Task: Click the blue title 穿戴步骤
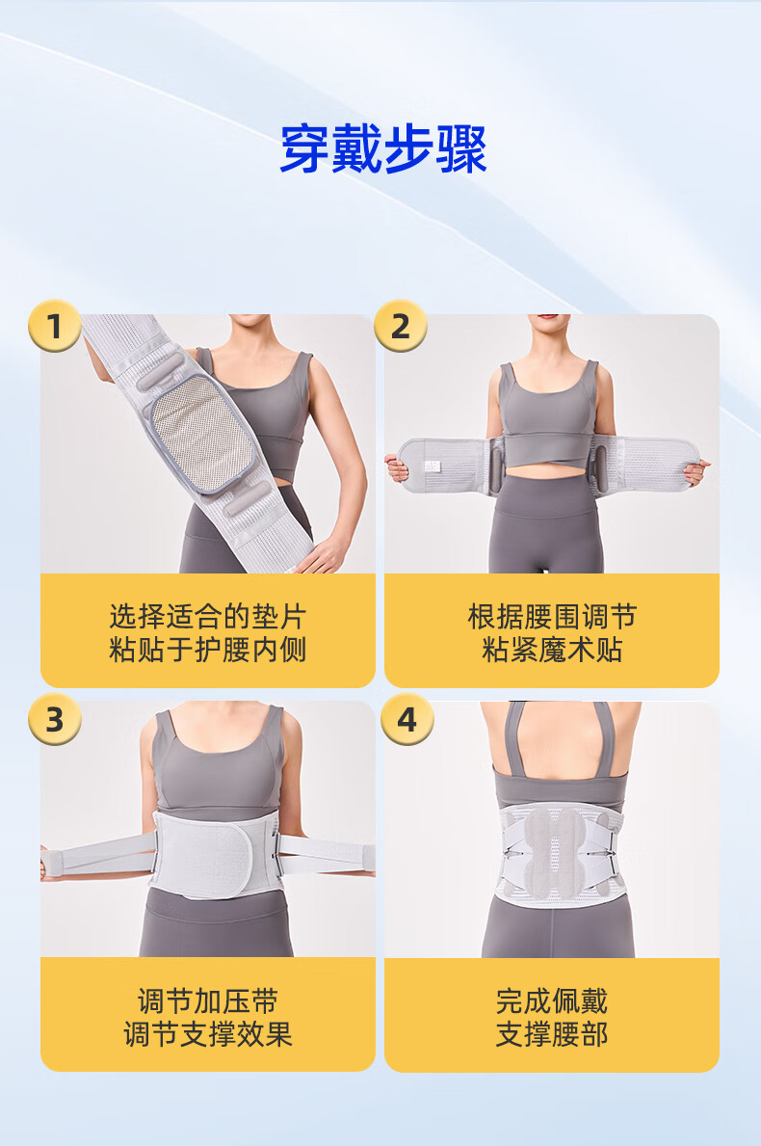click(x=383, y=149)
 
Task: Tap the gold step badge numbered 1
click(x=54, y=326)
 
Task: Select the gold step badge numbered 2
click(x=400, y=326)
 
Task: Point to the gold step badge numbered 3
click(x=54, y=719)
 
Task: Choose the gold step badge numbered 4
click(x=407, y=719)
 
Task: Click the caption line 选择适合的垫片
click(x=207, y=617)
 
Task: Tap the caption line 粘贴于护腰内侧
click(x=207, y=649)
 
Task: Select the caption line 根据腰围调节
click(x=552, y=617)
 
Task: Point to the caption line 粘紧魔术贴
click(x=552, y=649)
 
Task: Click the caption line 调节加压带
click(x=207, y=1001)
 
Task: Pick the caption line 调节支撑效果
click(x=207, y=1033)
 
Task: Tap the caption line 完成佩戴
click(x=552, y=1001)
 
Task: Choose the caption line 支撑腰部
click(x=552, y=1033)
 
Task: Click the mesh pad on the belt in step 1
click(x=202, y=433)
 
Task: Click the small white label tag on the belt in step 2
click(x=433, y=466)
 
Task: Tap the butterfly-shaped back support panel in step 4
click(x=554, y=851)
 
